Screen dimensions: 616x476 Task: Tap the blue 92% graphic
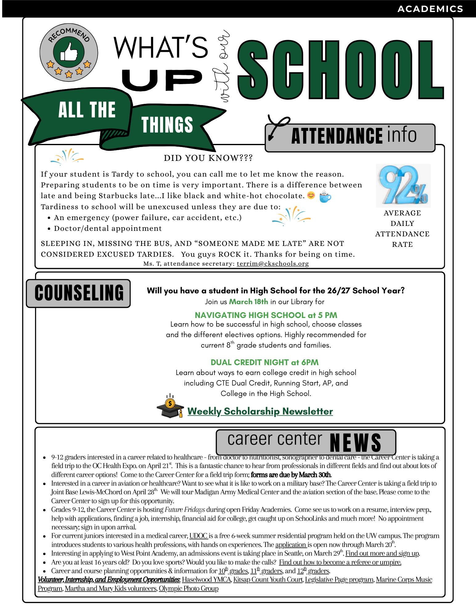[x=403, y=186]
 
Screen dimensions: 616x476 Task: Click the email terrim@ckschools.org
[x=273, y=264]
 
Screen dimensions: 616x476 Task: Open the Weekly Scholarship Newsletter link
[x=260, y=411]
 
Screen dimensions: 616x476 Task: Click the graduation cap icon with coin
[x=170, y=407]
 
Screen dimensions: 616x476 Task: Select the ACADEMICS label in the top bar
[x=430, y=9]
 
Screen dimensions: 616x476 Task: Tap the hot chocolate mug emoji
[x=325, y=196]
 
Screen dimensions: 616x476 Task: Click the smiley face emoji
[x=311, y=195]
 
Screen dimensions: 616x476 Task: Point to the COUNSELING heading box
[x=79, y=293]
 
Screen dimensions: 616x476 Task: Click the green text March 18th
[x=249, y=302]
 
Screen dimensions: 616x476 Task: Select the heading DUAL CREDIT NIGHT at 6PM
[x=264, y=362]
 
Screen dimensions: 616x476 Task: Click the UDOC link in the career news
[x=198, y=536]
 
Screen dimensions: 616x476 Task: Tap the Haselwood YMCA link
[x=206, y=580]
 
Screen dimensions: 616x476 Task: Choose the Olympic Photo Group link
[x=189, y=589]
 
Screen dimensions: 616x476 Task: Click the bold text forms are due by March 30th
[x=291, y=475]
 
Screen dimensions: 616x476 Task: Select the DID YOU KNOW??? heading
[x=208, y=158]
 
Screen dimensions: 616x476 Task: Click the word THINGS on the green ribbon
[x=167, y=125]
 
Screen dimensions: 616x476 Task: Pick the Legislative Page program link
[x=339, y=580]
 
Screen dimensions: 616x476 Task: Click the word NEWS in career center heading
[x=355, y=443]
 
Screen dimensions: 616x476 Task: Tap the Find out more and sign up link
[x=382, y=553]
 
